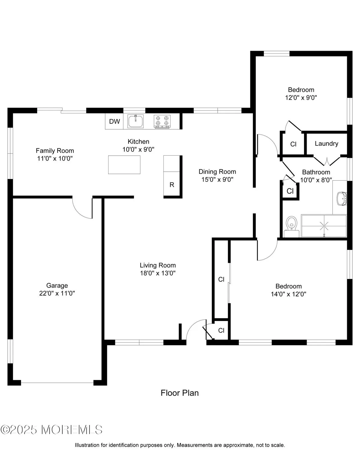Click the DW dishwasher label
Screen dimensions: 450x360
coord(114,121)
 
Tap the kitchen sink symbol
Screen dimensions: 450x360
coord(135,121)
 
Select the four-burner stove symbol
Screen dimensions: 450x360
coord(162,121)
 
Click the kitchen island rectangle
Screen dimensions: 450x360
coord(124,164)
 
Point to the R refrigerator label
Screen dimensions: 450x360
coord(172,185)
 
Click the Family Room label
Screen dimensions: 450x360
coord(55,151)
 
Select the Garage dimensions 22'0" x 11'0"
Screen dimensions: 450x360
coord(57,293)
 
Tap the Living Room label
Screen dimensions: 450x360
coord(158,265)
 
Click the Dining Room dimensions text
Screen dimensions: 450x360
coord(217,179)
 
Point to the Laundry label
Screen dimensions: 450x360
coord(326,144)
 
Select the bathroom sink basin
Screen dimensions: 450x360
coord(341,198)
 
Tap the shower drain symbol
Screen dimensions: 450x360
coord(324,225)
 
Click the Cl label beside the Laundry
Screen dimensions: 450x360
coord(293,144)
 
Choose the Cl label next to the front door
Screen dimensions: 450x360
coord(221,330)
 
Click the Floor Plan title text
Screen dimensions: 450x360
coord(180,393)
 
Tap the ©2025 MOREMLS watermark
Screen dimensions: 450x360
coord(52,430)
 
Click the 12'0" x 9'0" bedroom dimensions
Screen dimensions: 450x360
coord(301,97)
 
